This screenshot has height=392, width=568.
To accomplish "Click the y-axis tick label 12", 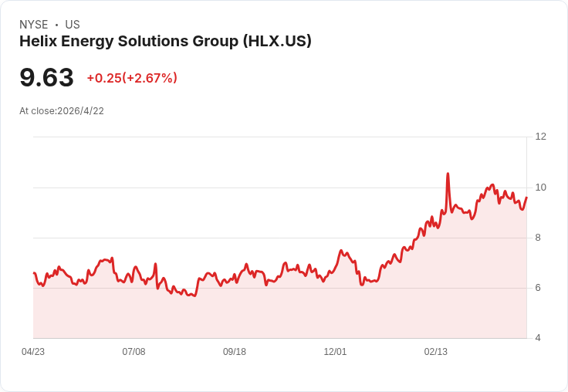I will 540,137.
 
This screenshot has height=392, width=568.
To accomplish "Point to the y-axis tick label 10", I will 540,188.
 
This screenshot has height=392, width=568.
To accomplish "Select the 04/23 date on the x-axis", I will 33,352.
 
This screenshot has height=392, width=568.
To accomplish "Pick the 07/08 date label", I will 134,352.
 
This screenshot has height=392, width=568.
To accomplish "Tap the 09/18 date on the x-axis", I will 235,352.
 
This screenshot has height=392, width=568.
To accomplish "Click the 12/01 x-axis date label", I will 335,352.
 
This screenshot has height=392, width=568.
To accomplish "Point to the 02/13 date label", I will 436,352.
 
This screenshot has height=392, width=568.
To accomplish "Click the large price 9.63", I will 46,77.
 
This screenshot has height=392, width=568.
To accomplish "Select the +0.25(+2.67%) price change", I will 132,78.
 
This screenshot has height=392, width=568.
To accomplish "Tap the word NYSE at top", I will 33,25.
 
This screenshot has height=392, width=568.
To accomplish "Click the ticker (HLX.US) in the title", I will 277,42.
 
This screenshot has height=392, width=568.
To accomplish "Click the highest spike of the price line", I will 448,174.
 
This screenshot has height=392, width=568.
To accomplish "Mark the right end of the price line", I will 526,198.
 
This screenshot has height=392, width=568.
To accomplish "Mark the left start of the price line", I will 34,273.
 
